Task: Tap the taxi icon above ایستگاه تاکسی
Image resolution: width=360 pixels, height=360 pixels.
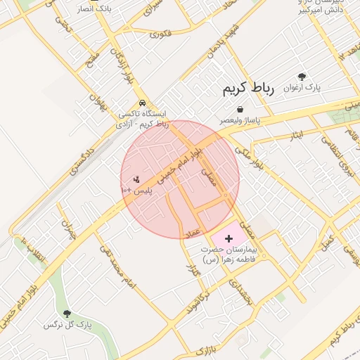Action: pos(142,102)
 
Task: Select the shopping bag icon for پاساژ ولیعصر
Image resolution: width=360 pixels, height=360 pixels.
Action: pos(240,110)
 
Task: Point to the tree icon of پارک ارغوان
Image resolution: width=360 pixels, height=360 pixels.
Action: pos(302,77)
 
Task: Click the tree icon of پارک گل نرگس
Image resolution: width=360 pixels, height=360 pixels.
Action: pos(67,314)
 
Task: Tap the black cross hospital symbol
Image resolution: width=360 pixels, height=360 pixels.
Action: pos(228,239)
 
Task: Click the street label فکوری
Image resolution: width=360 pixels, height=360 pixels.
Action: pos(160,32)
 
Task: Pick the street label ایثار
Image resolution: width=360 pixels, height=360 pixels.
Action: pos(295,134)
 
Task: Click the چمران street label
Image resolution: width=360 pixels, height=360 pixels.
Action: pos(68,230)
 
